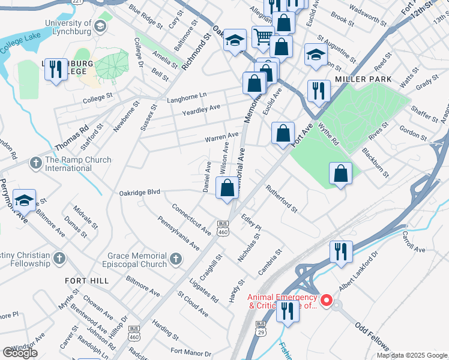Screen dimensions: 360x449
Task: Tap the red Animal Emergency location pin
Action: (327, 300)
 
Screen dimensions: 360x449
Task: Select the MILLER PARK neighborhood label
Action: (363, 79)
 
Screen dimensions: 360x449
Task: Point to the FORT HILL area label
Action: (88, 280)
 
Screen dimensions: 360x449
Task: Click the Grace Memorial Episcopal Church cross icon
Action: (175, 259)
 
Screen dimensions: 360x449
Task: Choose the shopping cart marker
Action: (262, 37)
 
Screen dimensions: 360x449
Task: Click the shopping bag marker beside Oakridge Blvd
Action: (227, 188)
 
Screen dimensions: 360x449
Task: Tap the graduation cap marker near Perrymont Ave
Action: (24, 200)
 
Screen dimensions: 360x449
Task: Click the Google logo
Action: (20, 353)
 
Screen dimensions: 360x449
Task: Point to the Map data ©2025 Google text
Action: (412, 355)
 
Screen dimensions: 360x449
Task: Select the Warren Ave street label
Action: (221, 138)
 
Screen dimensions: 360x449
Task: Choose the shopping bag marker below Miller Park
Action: (340, 174)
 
